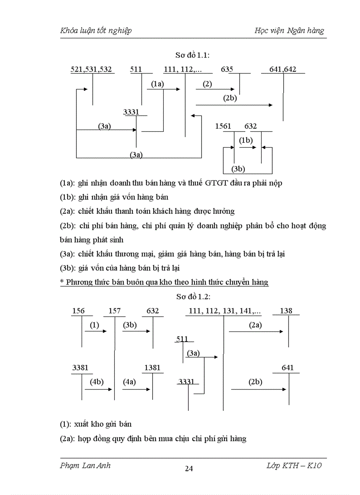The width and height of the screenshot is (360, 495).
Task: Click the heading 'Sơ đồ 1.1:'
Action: pyautogui.click(x=192, y=55)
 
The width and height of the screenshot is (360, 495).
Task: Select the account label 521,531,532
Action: pyautogui.click(x=91, y=69)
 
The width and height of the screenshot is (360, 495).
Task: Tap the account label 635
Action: pyautogui.click(x=227, y=69)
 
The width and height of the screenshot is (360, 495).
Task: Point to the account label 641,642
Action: pyautogui.click(x=282, y=69)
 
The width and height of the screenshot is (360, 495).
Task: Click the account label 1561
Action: pyautogui.click(x=223, y=127)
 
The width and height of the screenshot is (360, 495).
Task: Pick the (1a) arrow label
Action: pyautogui.click(x=157, y=84)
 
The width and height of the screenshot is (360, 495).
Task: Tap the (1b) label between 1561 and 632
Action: pyautogui.click(x=246, y=141)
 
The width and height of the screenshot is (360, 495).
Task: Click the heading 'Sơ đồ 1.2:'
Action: pyautogui.click(x=192, y=297)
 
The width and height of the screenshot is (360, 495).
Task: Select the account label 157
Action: pyautogui.click(x=115, y=311)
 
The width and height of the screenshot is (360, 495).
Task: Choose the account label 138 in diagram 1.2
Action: pyautogui.click(x=286, y=311)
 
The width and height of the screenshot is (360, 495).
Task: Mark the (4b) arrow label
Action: pyautogui.click(x=97, y=382)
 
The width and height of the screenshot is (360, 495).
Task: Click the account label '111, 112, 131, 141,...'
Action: pyautogui.click(x=225, y=311)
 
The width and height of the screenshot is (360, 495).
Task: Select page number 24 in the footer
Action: pyautogui.click(x=189, y=469)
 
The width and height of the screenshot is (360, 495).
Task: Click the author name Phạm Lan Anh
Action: pyautogui.click(x=85, y=466)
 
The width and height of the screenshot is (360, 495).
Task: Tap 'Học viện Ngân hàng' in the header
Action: pyautogui.click(x=289, y=30)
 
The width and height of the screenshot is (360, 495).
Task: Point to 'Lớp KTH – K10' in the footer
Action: pyautogui.click(x=294, y=466)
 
